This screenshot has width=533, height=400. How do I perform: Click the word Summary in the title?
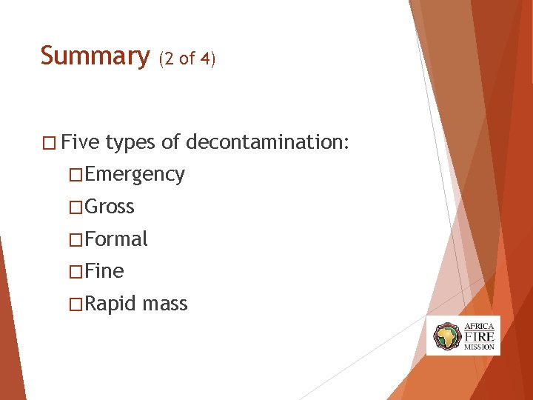(95, 56)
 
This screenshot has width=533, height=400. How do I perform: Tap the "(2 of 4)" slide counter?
(186, 59)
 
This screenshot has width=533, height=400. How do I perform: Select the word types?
(131, 142)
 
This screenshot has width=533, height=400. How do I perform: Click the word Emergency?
(135, 175)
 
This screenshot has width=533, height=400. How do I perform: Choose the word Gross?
(110, 207)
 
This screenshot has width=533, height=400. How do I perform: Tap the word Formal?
(116, 239)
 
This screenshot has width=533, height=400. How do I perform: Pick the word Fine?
(104, 272)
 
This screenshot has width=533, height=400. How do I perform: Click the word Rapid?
(111, 304)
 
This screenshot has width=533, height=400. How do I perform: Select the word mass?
(166, 304)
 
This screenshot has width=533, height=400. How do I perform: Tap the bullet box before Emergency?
(75, 175)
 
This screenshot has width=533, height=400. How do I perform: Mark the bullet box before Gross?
(75, 207)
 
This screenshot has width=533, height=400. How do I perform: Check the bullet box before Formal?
(75, 240)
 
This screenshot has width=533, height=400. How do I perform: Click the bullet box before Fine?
(75, 273)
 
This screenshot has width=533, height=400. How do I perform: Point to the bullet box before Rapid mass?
(75, 305)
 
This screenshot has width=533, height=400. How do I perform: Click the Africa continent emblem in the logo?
(446, 336)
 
